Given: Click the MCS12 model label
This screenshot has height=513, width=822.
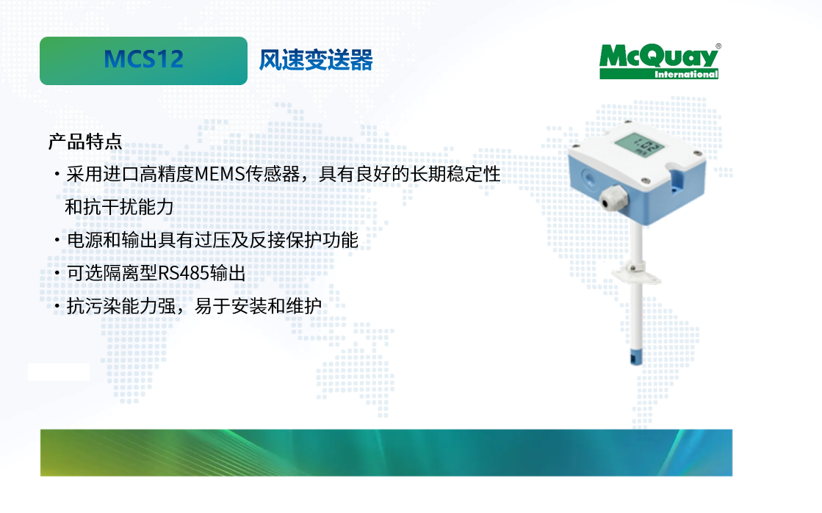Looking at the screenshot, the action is [x=144, y=59].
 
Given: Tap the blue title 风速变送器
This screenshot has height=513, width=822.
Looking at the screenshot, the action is [x=316, y=59].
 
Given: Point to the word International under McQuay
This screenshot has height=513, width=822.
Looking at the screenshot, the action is [x=685, y=74].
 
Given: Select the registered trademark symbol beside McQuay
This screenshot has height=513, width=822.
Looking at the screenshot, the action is [x=718, y=46].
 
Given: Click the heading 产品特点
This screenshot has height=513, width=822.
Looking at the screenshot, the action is [x=85, y=142].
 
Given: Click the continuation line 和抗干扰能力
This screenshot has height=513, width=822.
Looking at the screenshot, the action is [x=119, y=207].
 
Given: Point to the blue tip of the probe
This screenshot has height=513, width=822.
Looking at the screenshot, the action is [x=636, y=357].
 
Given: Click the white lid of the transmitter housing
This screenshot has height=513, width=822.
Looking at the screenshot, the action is [x=637, y=148].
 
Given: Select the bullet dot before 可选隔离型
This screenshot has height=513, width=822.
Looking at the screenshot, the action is [x=57, y=274].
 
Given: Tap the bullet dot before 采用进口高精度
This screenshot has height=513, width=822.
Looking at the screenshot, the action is [x=57, y=175].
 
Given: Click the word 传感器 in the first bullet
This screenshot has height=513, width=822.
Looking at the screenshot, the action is [x=273, y=174].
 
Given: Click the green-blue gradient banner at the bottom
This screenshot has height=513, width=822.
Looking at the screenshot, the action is [x=386, y=453].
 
